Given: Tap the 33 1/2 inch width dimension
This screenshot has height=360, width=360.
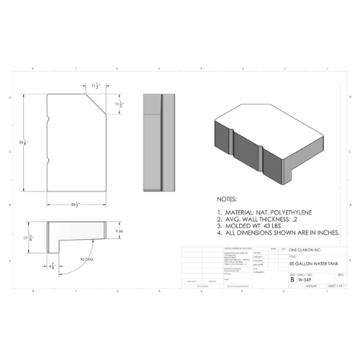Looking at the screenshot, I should (75, 205).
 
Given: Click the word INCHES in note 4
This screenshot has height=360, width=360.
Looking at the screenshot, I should (325, 233).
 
